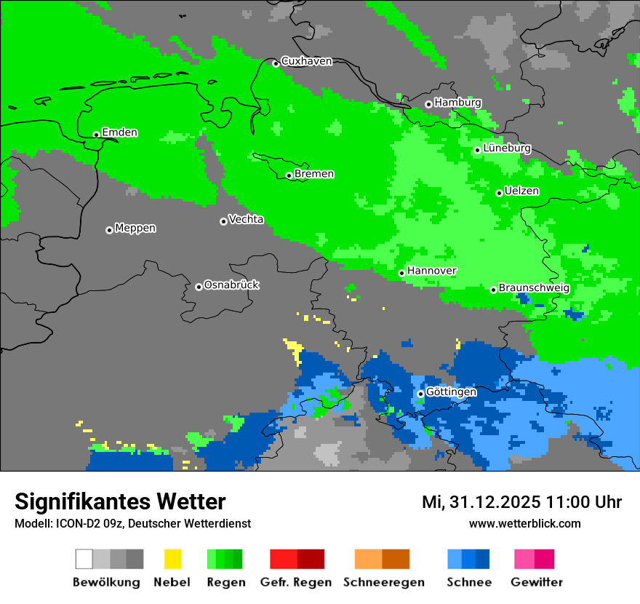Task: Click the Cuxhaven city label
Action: click(x=306, y=61)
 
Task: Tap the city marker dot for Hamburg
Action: click(x=428, y=104)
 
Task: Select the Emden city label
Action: click(x=119, y=132)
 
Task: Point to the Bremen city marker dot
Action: click(x=289, y=175)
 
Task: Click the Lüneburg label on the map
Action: click(x=507, y=148)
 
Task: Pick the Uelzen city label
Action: click(x=521, y=191)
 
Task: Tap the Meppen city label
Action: click(x=135, y=228)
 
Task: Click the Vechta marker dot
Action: click(x=223, y=221)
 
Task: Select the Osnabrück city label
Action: click(x=231, y=285)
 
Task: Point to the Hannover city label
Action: click(x=432, y=271)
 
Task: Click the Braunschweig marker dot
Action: click(x=493, y=290)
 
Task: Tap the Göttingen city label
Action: click(x=451, y=392)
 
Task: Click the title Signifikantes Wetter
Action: click(x=120, y=501)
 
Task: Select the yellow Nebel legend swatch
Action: click(x=172, y=559)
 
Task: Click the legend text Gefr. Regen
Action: click(x=296, y=582)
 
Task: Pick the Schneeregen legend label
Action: click(x=384, y=582)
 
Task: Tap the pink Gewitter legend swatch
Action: click(x=524, y=559)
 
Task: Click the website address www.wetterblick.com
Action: click(x=524, y=523)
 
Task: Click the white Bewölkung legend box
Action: click(x=84, y=559)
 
